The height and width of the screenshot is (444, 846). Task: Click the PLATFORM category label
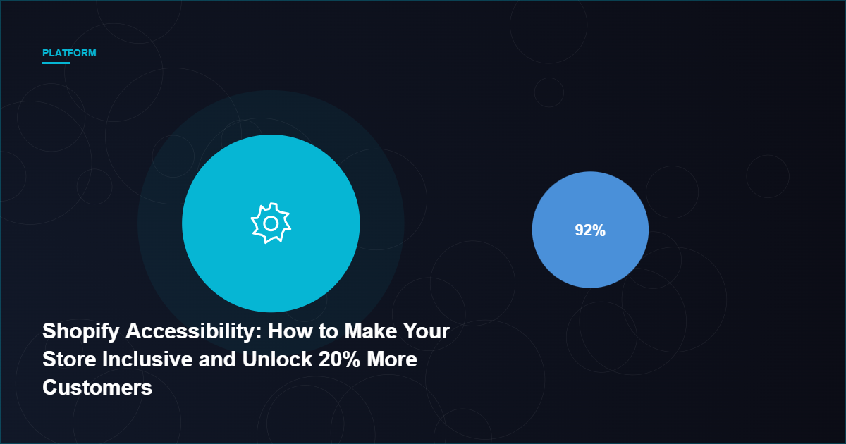click(x=69, y=53)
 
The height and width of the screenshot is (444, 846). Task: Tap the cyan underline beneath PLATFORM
click(x=56, y=63)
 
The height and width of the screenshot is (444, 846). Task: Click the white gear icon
click(x=271, y=223)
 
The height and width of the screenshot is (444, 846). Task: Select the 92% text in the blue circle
click(x=590, y=230)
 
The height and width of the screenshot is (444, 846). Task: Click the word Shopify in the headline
click(x=81, y=332)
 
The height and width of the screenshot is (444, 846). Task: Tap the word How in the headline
click(x=290, y=331)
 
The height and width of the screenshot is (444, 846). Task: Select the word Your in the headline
click(x=427, y=331)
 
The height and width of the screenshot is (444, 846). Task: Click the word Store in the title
click(x=69, y=359)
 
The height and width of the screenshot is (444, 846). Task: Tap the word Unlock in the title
click(x=277, y=359)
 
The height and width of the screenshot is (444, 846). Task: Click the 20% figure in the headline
click(x=340, y=359)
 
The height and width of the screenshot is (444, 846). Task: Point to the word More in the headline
click(x=392, y=359)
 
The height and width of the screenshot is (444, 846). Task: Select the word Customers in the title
click(x=97, y=388)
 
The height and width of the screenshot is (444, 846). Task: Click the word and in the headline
click(x=217, y=359)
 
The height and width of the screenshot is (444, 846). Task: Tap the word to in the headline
click(x=329, y=331)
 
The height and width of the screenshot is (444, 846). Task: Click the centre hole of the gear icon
click(x=271, y=224)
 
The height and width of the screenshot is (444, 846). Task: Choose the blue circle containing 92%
click(x=590, y=230)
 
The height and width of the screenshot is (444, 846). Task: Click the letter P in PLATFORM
click(x=45, y=53)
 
